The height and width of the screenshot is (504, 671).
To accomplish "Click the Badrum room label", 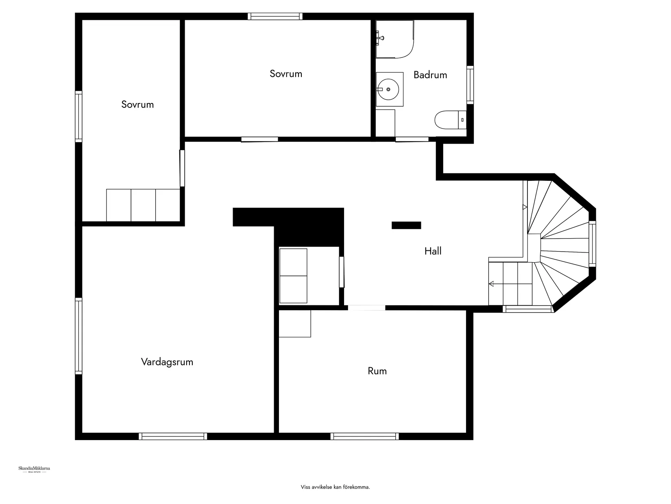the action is click(430, 75).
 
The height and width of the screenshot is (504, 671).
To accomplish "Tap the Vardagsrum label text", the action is click(167, 362).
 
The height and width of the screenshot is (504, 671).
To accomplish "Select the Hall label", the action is click(433, 251).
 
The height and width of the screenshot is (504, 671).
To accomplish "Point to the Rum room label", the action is click(377, 371).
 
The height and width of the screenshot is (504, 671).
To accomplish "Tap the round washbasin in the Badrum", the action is click(389, 89).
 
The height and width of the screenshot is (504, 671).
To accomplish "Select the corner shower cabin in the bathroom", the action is click(394, 39).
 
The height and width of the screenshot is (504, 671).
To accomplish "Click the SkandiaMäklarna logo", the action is click(34, 469).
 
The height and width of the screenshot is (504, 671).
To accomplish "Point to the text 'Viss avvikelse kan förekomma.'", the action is click(335, 487).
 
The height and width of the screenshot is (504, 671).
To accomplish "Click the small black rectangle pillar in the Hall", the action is click(406, 225).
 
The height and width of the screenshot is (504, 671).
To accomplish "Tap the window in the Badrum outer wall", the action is click(470, 85).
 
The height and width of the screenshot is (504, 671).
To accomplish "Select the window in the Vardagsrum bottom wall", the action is click(173, 436).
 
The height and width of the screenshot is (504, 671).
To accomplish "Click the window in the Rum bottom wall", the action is click(365, 436).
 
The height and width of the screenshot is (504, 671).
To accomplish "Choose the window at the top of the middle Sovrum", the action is click(275, 16).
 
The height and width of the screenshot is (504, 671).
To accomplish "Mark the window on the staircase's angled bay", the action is click(592, 243).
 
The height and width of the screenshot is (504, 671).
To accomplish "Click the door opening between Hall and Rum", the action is click(366, 308).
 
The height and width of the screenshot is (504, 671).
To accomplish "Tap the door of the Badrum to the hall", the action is click(412, 140).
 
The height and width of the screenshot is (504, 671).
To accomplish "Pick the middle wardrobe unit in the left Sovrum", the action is click(143, 205).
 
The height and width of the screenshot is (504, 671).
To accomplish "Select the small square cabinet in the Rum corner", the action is click(295, 324).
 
